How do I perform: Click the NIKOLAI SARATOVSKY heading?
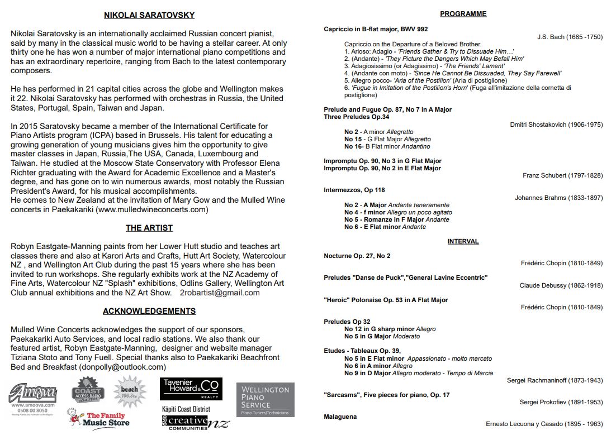click(x=149, y=15)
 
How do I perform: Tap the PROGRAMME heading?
click(x=463, y=13)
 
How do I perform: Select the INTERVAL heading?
click(x=463, y=241)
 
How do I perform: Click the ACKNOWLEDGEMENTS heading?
click(x=149, y=311)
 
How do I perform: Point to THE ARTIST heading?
click(x=149, y=228)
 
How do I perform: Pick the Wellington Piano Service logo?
click(x=265, y=399)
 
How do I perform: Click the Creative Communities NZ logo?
click(x=195, y=422)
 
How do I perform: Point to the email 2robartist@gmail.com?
click(x=220, y=293)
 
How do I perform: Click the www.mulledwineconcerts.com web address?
click(x=151, y=210)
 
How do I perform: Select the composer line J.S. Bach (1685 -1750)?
click(x=570, y=37)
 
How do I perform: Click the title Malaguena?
click(x=340, y=417)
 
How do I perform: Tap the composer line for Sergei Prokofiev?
click(x=561, y=402)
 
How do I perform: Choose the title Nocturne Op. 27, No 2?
click(x=357, y=256)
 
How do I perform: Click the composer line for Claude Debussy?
click(x=561, y=285)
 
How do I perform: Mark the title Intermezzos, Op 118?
click(x=354, y=190)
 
